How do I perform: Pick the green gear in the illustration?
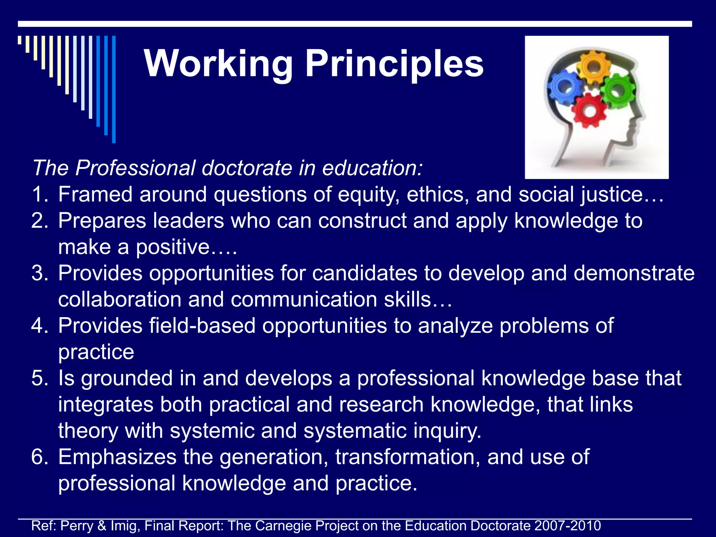(618, 91)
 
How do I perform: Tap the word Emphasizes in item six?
(117, 457)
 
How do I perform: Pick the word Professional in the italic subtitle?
(135, 168)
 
